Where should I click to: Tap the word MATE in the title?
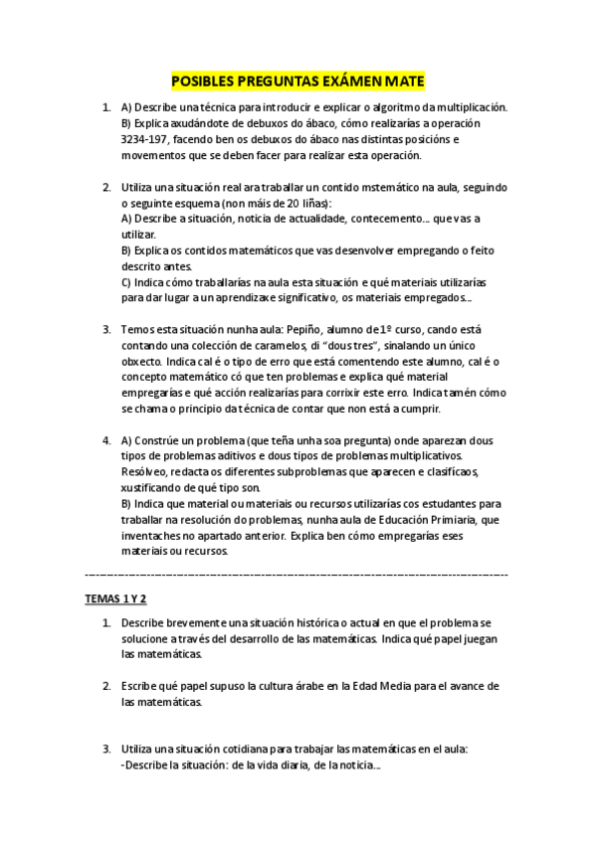click(x=403, y=83)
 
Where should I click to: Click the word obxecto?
click(x=142, y=361)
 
